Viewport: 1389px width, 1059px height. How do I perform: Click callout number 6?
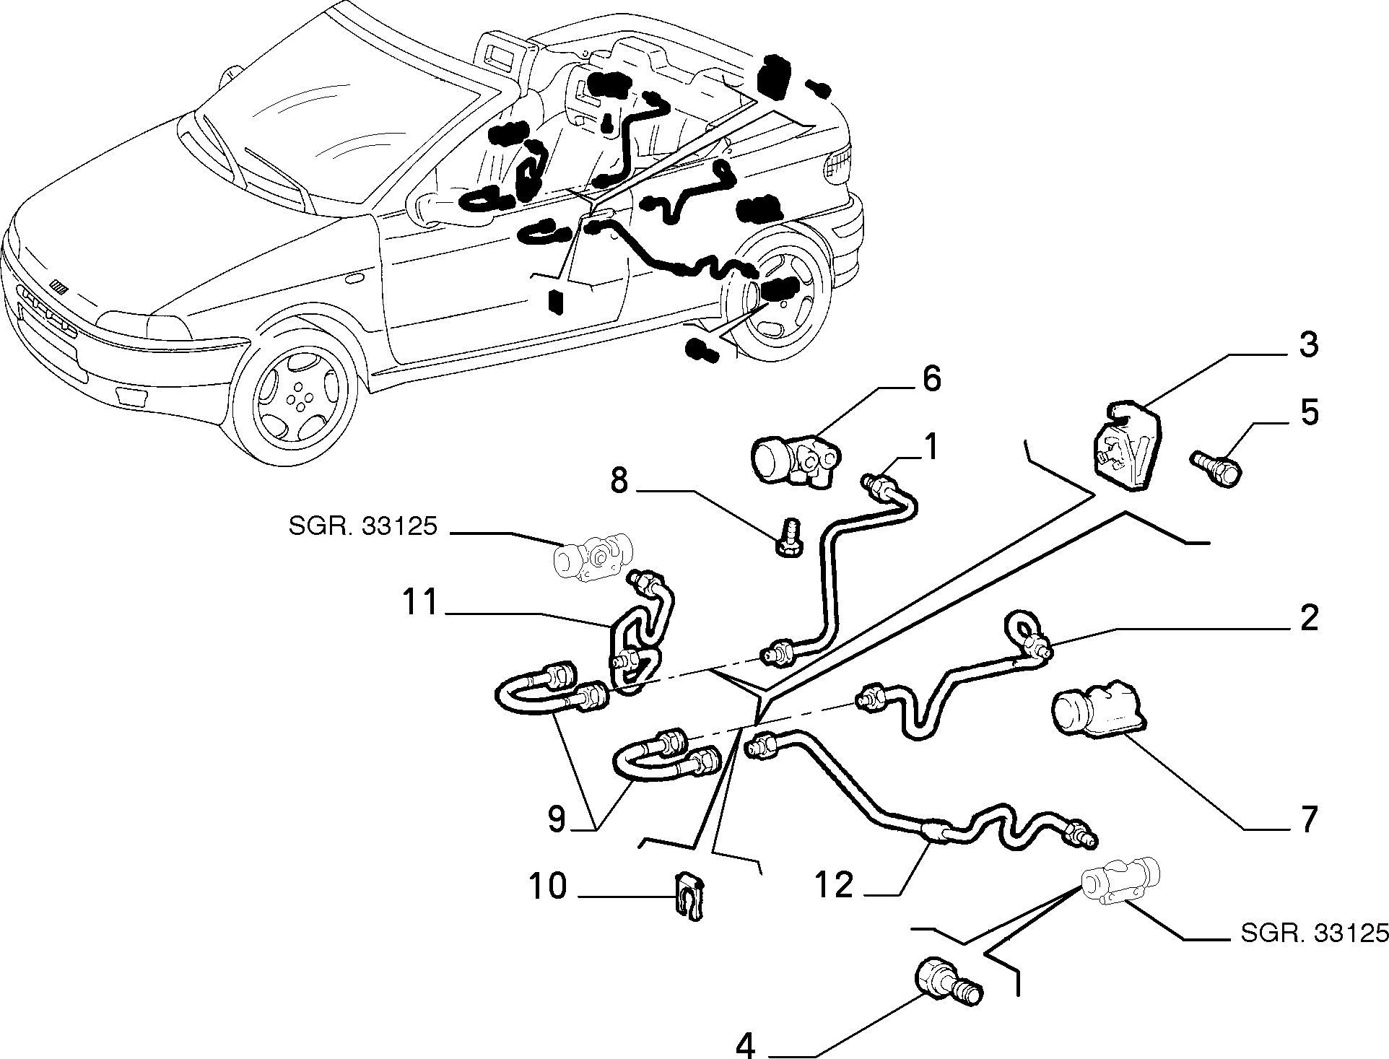tap(932, 379)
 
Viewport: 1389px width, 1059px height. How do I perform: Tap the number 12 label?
tap(835, 885)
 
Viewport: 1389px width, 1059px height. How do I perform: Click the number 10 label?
tap(549, 886)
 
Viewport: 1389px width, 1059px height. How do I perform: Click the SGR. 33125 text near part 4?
tap(1314, 933)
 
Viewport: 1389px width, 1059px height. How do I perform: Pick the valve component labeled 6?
tap(798, 456)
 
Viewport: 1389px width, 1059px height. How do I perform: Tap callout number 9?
tap(556, 819)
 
